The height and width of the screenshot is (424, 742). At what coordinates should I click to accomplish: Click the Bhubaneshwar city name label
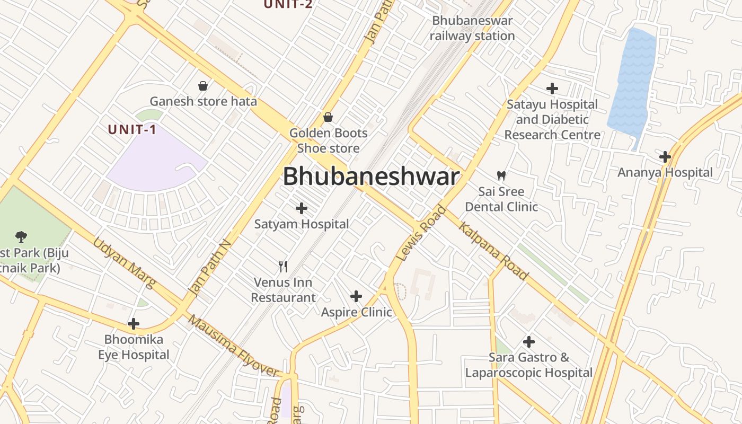pos(370,176)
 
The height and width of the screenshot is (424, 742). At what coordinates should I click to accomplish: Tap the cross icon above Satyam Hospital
pos(302,208)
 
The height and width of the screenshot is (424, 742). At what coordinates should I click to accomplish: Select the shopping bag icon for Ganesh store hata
pos(203,85)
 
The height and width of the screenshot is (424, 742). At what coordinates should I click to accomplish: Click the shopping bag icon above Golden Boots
pos(328,117)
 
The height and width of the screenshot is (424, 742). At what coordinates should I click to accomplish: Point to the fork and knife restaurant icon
pos(284,266)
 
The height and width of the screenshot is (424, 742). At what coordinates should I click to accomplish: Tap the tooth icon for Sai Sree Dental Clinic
pos(501,175)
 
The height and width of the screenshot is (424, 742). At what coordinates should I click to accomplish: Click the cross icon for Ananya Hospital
pos(665,157)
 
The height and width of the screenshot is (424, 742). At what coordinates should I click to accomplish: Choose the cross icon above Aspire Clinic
pos(356,296)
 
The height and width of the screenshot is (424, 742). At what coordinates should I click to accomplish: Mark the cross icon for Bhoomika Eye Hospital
pos(134,323)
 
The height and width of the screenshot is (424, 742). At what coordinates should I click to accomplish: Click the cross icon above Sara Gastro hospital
pos(528,341)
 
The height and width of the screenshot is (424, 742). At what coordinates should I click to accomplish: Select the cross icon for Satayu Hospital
pos(552,88)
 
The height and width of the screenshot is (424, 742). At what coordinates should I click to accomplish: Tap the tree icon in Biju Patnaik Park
pos(21,236)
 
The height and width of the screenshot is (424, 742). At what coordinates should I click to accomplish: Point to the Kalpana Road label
pos(493,251)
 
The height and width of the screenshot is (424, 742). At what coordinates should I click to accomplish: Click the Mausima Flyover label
pos(233,346)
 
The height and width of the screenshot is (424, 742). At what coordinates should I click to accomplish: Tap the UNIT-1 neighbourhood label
pos(132,129)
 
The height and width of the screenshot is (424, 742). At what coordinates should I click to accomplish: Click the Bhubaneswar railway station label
pos(472,28)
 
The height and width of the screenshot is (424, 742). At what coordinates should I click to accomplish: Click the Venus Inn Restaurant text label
pos(283,290)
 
